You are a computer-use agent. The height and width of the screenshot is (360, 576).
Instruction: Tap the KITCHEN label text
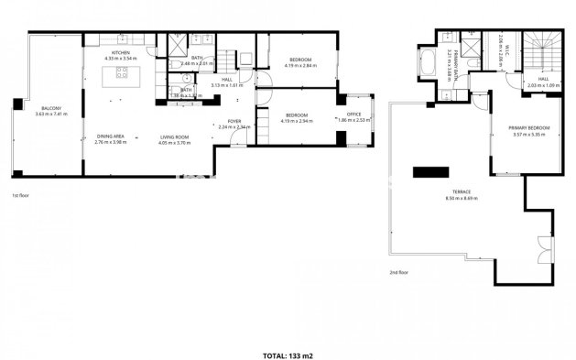[x=121, y=53]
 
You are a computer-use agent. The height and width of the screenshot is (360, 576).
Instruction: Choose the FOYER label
[x=234, y=121]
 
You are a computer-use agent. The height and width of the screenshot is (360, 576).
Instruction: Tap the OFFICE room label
[x=353, y=114]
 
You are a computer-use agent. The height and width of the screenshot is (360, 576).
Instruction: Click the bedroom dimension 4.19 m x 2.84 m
[x=299, y=65]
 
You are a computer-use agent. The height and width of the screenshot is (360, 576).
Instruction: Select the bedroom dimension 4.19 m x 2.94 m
[x=299, y=120]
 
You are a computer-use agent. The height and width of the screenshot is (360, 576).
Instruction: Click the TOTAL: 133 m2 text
[x=288, y=354]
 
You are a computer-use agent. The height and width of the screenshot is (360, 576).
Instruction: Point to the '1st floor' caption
[x=22, y=196]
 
